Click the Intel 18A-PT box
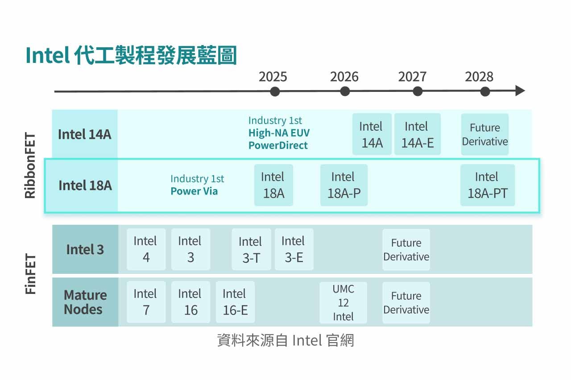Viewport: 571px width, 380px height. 487,185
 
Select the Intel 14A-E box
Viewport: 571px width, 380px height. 417,134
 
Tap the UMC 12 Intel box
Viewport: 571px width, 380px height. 343,302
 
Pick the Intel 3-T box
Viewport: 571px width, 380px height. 251,249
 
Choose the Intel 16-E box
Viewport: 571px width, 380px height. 235,302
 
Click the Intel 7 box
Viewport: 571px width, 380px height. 146,302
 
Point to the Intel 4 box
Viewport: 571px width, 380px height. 146,249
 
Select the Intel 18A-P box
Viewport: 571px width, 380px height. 343,185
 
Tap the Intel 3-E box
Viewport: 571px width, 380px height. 294,249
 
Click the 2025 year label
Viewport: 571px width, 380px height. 273,77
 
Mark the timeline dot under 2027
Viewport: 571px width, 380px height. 418,91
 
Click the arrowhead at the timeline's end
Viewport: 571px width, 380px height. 520,91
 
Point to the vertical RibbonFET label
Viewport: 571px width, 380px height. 30,165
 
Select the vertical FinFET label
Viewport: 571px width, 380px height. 30,274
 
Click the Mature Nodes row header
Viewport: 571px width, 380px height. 85,302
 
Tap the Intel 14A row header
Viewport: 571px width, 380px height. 85,134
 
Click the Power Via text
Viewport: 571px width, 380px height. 194,191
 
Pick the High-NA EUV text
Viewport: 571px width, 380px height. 279,133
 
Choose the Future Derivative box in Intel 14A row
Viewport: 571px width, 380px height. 484,134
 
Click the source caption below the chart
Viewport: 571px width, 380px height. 285,340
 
